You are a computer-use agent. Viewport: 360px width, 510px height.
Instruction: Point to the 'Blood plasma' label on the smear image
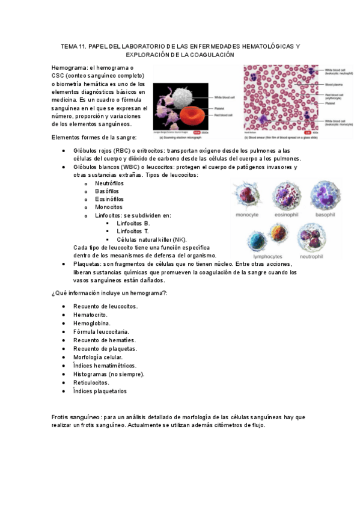[334, 85]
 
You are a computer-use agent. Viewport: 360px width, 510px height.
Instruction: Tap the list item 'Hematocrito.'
[91, 315]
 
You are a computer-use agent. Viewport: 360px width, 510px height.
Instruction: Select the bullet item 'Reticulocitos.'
[91, 382]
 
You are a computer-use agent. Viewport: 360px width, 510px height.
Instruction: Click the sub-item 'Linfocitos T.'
[133, 232]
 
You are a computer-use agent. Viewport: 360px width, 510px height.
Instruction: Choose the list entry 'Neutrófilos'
[111, 183]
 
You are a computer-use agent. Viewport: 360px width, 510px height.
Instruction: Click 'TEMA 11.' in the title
[75, 46]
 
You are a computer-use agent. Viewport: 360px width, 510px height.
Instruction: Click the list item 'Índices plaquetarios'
[100, 390]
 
